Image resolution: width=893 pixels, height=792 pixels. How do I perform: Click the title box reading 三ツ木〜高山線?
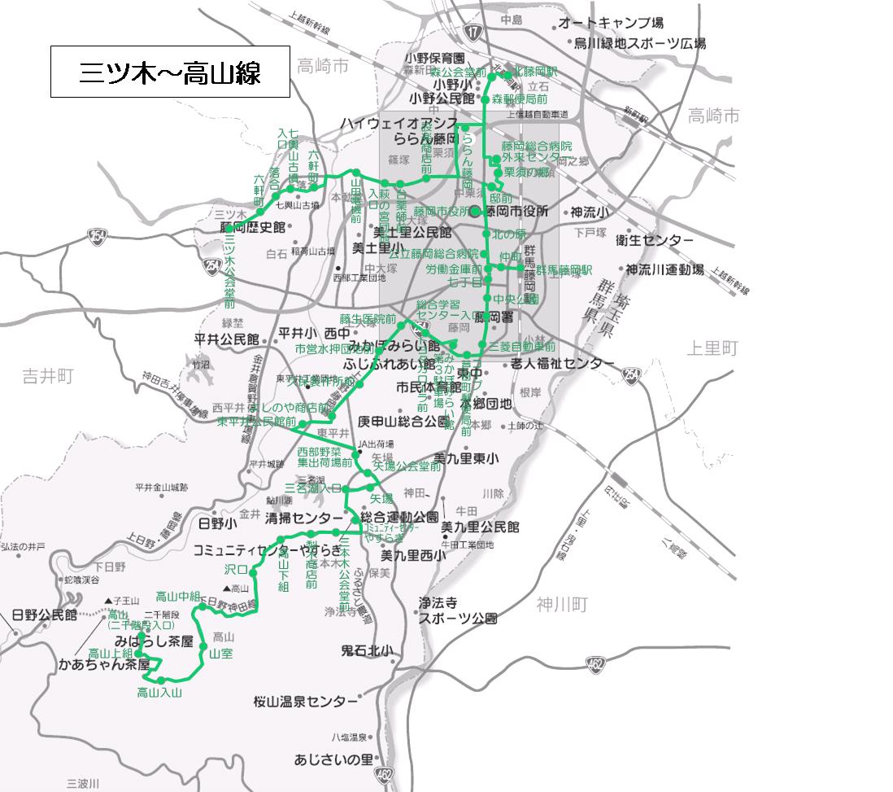pyautogui.click(x=169, y=73)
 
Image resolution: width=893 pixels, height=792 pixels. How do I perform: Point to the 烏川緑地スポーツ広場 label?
pyautogui.click(x=639, y=44)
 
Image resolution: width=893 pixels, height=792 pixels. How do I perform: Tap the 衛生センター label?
pyautogui.click(x=655, y=240)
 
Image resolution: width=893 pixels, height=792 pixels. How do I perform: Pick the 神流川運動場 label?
pyautogui.click(x=664, y=269)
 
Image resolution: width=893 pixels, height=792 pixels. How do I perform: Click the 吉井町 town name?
pyautogui.click(x=47, y=376)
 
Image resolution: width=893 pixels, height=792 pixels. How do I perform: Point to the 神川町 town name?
pyautogui.click(x=561, y=604)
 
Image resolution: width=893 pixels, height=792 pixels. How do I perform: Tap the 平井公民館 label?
pyautogui.click(x=226, y=339)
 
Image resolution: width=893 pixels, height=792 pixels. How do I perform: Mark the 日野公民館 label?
pyautogui.click(x=44, y=615)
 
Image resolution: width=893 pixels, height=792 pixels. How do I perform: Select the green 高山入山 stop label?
pyautogui.click(x=159, y=693)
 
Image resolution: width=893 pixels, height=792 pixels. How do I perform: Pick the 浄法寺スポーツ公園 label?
pyautogui.click(x=457, y=610)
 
